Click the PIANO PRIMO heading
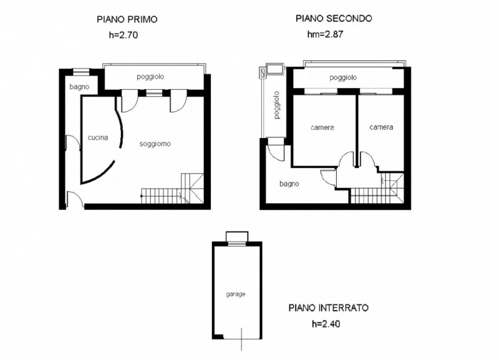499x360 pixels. pos(127,19)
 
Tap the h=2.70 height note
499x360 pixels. pos(124,35)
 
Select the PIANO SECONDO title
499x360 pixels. pos(334,19)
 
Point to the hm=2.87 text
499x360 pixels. pos(325,34)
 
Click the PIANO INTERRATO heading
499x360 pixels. pos(329,308)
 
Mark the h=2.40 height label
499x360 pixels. pos(326,324)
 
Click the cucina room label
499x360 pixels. pos(98,137)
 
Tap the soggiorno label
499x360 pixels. pos(155,144)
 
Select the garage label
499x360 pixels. pos(236,294)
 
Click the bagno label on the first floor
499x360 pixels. pos(79,87)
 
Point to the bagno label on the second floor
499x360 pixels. pos(289,184)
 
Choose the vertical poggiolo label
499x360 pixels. pos(277,105)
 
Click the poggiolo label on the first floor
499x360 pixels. pos(150,77)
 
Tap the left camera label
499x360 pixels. pos(322,128)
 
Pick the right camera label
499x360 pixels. pos(381,127)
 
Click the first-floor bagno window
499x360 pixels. pos(81,72)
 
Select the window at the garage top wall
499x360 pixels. pos(237,243)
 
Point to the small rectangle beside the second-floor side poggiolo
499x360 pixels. pos(275,69)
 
